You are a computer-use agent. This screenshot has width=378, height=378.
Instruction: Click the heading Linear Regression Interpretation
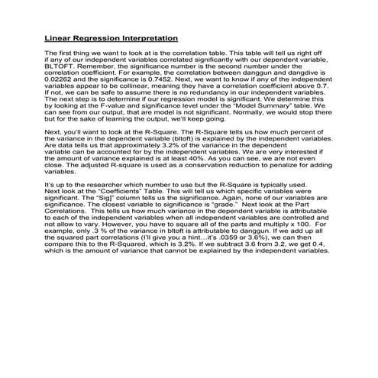[x=111, y=37]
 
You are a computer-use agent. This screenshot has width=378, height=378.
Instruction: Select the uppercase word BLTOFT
[x=60, y=66]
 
